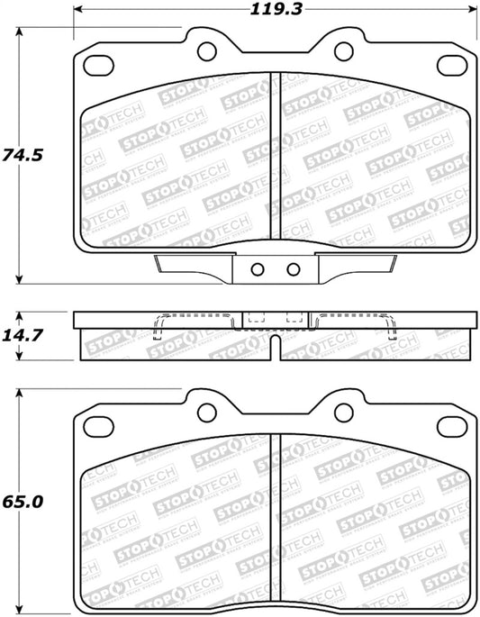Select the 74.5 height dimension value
pos(23,154)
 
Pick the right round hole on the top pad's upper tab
pos(344,50)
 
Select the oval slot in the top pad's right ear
pos(451,66)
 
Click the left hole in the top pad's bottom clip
pos(257,268)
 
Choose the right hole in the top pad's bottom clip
pos(292,268)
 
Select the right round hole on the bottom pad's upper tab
pos(344,411)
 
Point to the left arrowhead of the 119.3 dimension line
pos(76,11)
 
